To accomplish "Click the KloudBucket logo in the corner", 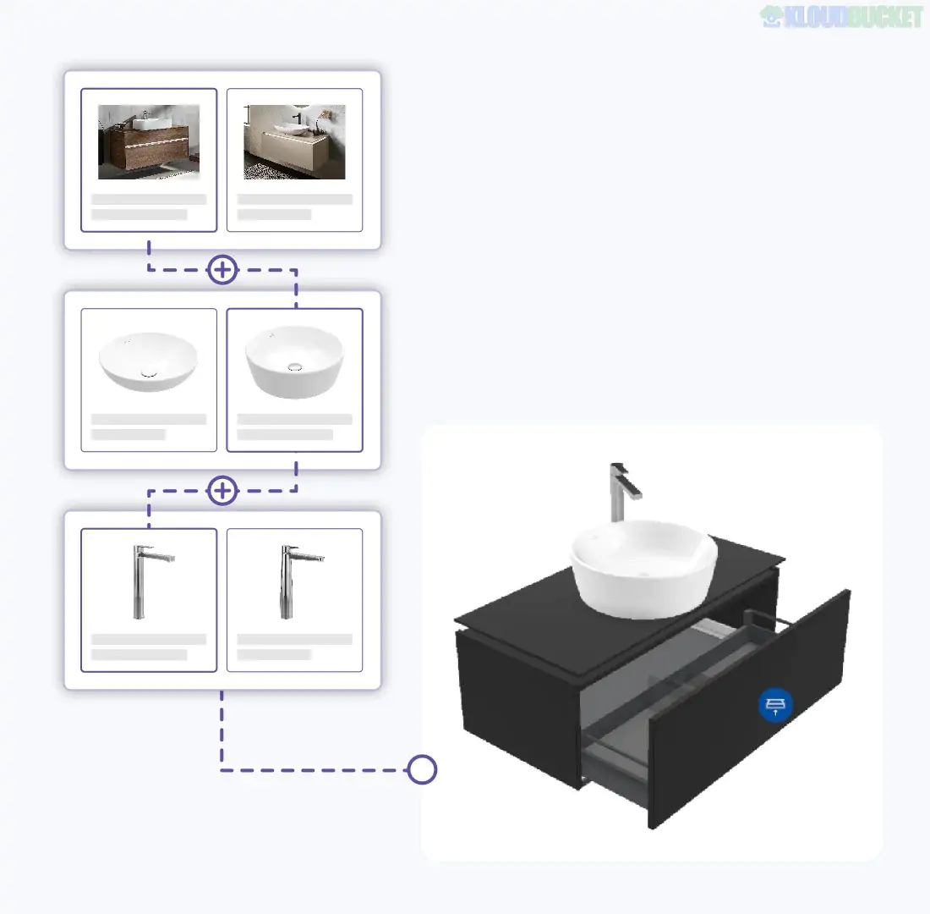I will point(841,17).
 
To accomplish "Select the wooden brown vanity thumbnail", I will point(149,141).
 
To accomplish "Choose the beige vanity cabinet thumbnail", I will point(294,141).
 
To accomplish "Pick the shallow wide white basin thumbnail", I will point(148,360).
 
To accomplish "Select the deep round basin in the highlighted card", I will point(294,361).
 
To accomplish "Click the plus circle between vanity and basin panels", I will point(222,271).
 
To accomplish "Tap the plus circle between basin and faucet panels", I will point(222,491).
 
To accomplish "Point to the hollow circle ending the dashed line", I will point(422,770).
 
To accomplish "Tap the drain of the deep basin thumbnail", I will point(295,366).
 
